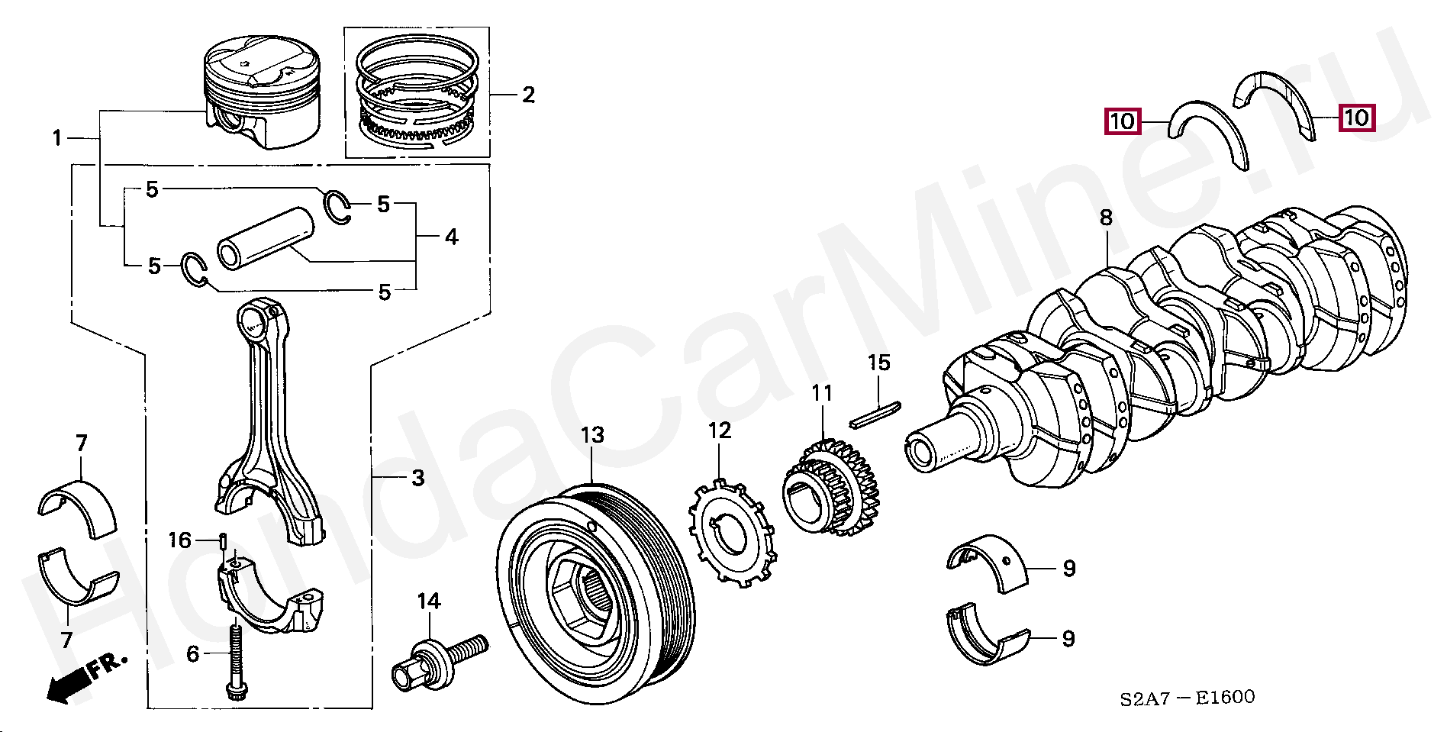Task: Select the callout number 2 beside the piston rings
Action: pyautogui.click(x=528, y=95)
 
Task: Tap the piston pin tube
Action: pyautogui.click(x=266, y=237)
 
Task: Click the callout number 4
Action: pyautogui.click(x=451, y=237)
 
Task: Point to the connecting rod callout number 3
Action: pyautogui.click(x=417, y=479)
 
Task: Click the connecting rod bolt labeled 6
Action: pyautogui.click(x=234, y=660)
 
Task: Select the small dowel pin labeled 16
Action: pyautogui.click(x=222, y=543)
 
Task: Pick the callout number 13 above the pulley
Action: pyautogui.click(x=592, y=435)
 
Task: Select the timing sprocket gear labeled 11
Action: pyautogui.click(x=832, y=489)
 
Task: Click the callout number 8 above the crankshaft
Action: pyautogui.click(x=1107, y=218)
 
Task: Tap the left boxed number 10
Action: pyautogui.click(x=1122, y=121)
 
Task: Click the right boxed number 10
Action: pyautogui.click(x=1356, y=118)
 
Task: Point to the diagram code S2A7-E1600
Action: pyautogui.click(x=1187, y=698)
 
